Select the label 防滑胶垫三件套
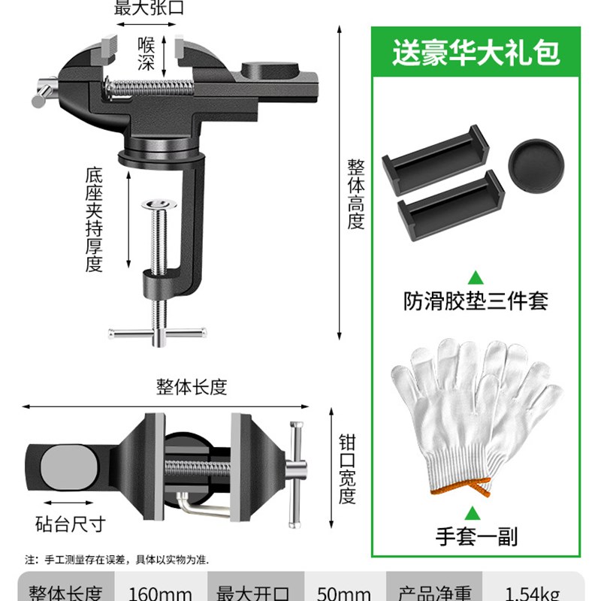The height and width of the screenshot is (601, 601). [476, 301]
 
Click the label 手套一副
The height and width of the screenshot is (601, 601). [476, 536]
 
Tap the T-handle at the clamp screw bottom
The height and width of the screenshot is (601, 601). [158, 331]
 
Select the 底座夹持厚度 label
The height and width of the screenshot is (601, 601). [93, 219]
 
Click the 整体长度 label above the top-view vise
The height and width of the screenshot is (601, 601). [191, 387]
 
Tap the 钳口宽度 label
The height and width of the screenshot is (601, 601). [346, 468]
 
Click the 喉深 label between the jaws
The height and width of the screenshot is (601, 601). [147, 53]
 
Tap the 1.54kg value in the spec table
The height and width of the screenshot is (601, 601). [531, 593]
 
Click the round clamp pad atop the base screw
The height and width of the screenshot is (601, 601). [160, 204]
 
